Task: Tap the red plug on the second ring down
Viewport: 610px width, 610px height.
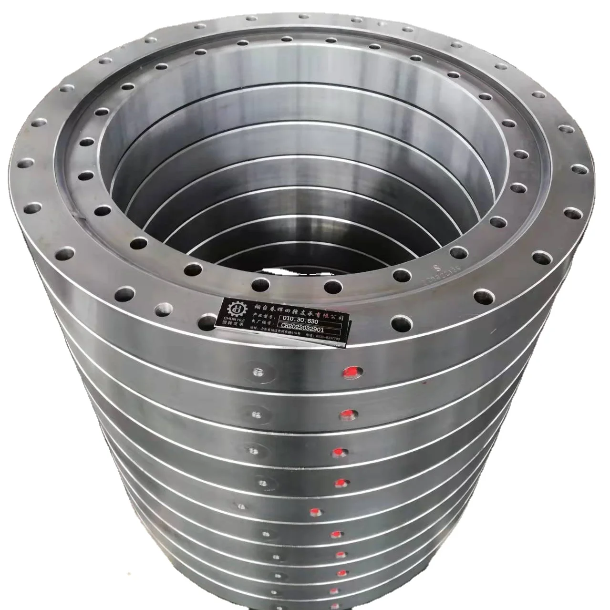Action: [346, 414]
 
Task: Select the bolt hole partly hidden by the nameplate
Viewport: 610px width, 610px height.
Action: [208, 321]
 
